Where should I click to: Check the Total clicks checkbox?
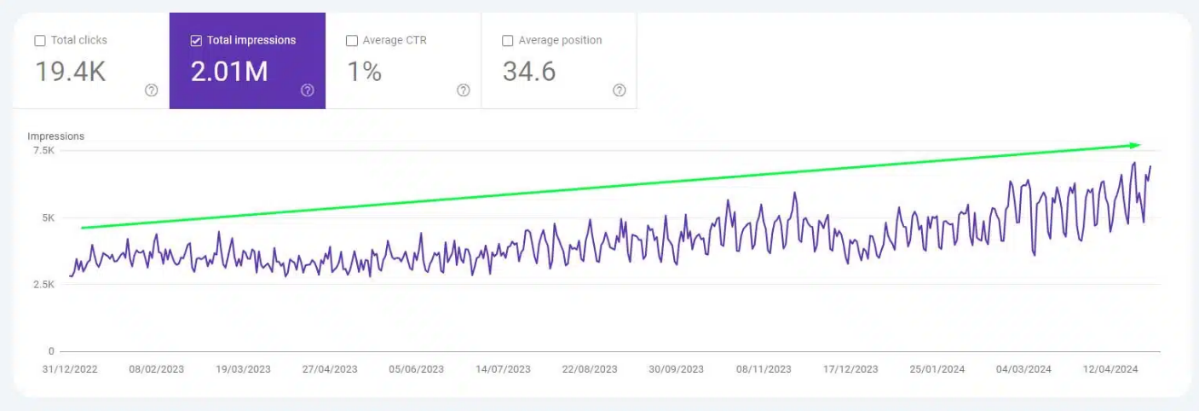40,41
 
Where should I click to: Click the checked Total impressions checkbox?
196,41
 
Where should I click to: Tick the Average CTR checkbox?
352,41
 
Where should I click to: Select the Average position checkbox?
508,41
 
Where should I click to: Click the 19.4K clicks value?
71,72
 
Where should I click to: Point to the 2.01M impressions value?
229,72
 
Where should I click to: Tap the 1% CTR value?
364,72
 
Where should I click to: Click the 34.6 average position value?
529,72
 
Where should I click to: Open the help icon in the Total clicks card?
152,90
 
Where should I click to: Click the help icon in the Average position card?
620,90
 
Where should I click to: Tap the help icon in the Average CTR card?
464,90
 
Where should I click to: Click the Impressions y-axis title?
56,136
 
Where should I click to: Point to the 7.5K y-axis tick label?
44,151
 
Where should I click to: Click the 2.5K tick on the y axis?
44,284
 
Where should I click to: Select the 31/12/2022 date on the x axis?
71,369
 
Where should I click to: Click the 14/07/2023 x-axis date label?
503,369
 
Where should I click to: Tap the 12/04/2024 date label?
1110,369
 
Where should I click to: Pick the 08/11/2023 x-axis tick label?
764,369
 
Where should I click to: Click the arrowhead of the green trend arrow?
1134,145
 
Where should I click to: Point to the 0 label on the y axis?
51,351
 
